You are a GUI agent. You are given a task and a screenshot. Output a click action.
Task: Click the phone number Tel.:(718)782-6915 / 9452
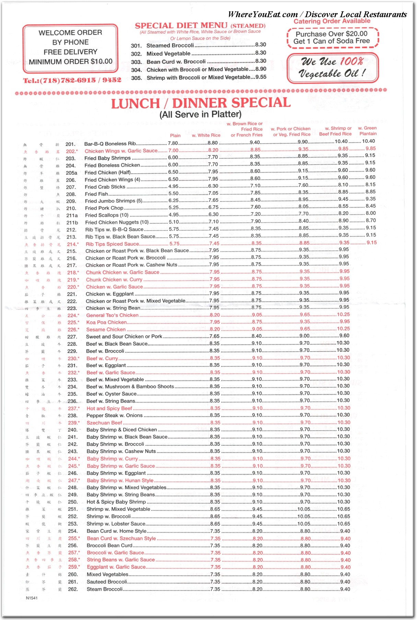tap(72, 80)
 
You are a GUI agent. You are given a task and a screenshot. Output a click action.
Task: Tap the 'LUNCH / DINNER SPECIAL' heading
tap(201, 103)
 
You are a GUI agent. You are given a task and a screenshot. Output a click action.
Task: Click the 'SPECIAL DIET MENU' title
tap(181, 26)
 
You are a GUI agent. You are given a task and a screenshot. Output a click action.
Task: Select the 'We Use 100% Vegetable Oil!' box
tap(333, 68)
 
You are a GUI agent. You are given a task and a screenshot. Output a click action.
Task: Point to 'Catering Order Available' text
tap(332, 21)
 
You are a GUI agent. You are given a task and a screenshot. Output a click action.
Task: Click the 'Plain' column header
tap(175, 135)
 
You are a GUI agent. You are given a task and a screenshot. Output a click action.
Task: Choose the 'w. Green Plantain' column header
tap(368, 131)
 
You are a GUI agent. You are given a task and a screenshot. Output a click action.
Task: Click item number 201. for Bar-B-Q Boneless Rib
tap(70, 144)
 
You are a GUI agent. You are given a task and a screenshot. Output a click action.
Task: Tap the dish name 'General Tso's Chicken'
tap(112, 315)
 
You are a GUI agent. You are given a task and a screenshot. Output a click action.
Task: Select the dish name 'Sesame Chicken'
tap(106, 329)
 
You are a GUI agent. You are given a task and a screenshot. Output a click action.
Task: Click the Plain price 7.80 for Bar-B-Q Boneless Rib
tap(173, 143)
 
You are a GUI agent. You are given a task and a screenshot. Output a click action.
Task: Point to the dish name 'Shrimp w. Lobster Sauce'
tap(116, 524)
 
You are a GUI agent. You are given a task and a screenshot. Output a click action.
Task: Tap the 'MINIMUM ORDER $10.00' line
tap(70, 62)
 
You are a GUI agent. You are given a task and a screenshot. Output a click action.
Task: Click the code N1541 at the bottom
tap(32, 598)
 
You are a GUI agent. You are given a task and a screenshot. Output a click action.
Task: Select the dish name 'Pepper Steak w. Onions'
tap(114, 416)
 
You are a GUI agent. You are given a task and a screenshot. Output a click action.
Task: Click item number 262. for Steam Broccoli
tap(73, 589)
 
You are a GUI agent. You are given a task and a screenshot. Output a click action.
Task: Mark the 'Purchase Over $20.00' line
tap(332, 34)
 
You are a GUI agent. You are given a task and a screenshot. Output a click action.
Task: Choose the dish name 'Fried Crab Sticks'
tap(105, 187)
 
